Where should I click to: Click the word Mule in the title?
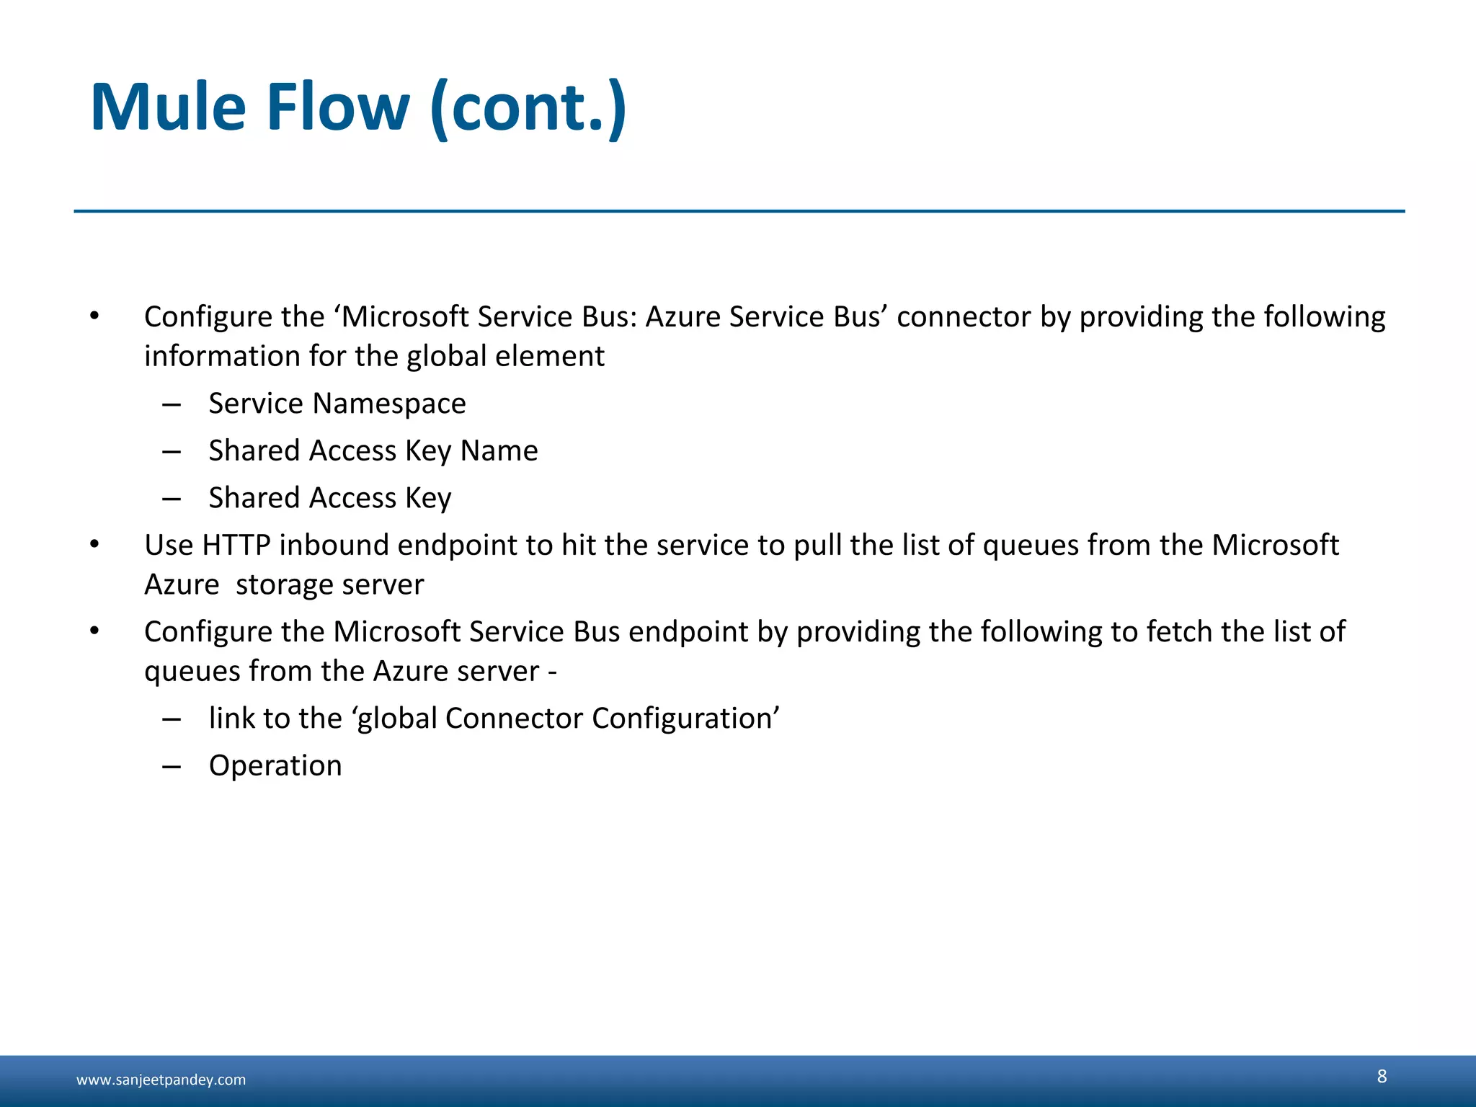[168, 108]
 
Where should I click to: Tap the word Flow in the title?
[338, 108]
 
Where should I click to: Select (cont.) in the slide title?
[528, 108]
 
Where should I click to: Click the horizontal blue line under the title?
[739, 211]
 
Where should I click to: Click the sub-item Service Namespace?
[337, 404]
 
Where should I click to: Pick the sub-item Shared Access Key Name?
[373, 451]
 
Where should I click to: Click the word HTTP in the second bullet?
[236, 546]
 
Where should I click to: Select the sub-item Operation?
[275, 765]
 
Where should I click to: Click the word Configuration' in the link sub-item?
[685, 719]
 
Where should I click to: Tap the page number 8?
[1381, 1076]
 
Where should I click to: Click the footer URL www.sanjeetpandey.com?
[161, 1080]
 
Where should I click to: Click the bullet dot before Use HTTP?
[94, 545]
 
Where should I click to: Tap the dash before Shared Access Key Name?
[172, 452]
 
